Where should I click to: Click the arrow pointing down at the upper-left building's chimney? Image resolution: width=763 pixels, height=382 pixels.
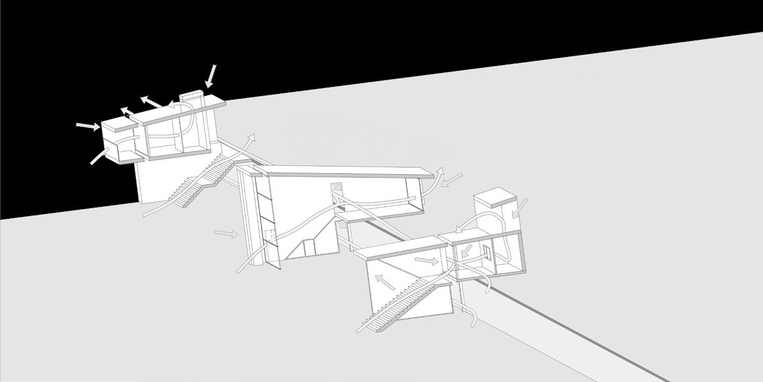click(211, 76)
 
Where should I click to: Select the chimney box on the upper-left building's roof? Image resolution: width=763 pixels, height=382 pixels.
click(192, 96)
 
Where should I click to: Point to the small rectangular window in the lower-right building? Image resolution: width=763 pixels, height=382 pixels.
click(487, 252)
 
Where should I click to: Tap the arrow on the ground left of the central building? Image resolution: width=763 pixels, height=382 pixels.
click(226, 234)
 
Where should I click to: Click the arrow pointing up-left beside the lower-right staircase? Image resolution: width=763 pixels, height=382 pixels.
click(385, 282)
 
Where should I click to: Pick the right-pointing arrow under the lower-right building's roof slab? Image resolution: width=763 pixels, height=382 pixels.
click(428, 261)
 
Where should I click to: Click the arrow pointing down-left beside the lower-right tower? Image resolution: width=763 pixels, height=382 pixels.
click(519, 208)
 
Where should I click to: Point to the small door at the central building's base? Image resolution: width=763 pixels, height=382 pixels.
click(309, 248)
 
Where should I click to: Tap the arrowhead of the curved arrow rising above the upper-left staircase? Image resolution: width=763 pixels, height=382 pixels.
click(252, 137)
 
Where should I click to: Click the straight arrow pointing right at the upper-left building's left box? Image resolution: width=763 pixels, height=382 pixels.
click(88, 126)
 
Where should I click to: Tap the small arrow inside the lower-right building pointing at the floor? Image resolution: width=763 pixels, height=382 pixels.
click(467, 250)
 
